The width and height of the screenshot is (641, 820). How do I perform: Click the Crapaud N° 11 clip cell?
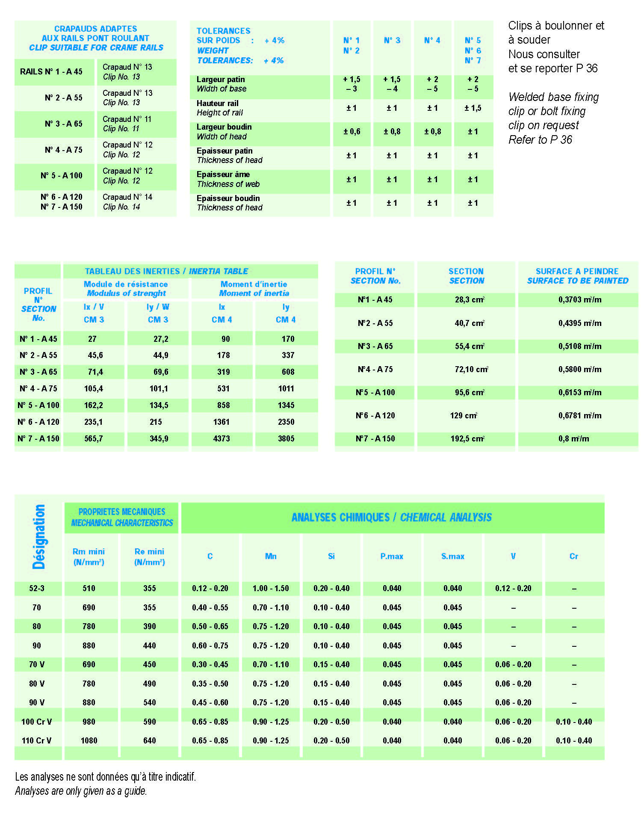pos(127,124)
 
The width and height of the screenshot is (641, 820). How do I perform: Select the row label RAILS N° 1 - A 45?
pos(51,71)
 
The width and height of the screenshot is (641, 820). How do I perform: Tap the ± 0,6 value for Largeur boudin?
pos(352,132)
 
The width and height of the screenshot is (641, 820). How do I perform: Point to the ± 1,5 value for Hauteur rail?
pos(473,108)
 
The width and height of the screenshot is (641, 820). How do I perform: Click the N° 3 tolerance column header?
pos(392,41)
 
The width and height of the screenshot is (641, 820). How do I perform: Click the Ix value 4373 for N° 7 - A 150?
pos(222,438)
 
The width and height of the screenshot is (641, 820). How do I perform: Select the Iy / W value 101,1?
pos(159,388)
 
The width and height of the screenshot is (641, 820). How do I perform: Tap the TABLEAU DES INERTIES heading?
pos(166,271)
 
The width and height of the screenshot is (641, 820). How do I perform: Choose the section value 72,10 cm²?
pos(471,369)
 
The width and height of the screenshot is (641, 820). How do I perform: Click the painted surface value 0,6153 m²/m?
pos(579,392)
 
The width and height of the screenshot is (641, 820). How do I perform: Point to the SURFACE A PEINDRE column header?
pos(577,276)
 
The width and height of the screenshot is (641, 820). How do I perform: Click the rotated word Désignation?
pos(39,536)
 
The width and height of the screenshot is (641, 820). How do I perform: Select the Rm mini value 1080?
pos(89,740)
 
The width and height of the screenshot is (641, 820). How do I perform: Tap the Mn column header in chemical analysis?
pos(271,556)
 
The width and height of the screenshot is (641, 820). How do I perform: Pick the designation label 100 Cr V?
pos(37,722)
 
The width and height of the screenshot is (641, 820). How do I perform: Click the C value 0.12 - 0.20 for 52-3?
pos(210,588)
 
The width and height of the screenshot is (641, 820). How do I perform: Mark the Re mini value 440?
pos(149,645)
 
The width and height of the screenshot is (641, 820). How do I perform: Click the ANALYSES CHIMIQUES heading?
pos(391,518)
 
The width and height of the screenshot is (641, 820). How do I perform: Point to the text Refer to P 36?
pos(540,140)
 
